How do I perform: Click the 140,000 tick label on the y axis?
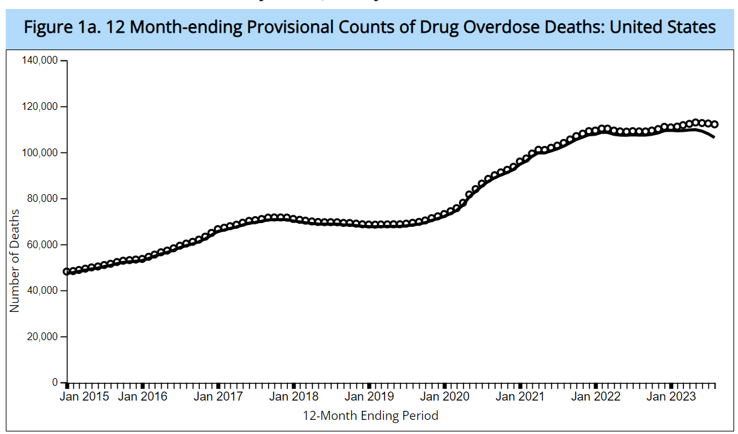[40, 60]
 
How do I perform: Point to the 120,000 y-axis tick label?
[40, 107]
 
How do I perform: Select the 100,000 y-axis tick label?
[40, 153]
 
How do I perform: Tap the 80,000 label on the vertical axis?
[42, 199]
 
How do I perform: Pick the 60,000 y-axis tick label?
[42, 245]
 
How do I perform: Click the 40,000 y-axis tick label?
[42, 291]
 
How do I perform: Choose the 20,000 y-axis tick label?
[42, 337]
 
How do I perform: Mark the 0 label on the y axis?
[56, 383]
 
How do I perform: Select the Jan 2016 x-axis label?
[143, 397]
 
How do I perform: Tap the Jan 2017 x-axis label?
[219, 397]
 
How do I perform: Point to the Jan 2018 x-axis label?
[294, 397]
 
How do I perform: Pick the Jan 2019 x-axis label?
[369, 397]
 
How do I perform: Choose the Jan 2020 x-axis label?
[444, 397]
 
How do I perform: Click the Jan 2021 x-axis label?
[519, 397]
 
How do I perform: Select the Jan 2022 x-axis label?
[595, 397]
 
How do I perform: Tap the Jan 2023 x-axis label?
[670, 397]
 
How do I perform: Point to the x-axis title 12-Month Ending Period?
[370, 416]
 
